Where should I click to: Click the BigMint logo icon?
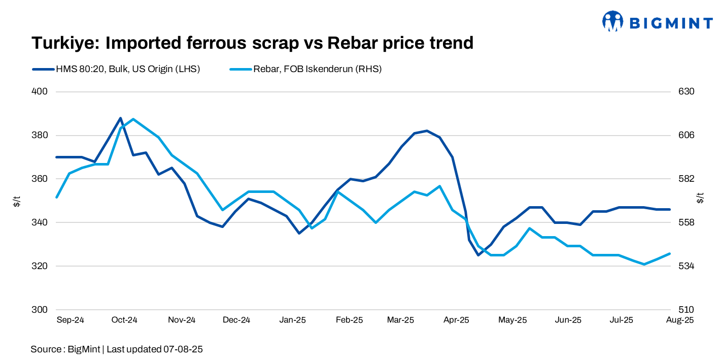[x=612, y=21]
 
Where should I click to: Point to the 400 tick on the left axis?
[x=40, y=92]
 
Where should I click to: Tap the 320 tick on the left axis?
[x=40, y=266]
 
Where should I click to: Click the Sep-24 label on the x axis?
[x=70, y=320]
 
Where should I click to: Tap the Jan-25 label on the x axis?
[x=293, y=320]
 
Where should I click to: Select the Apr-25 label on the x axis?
[x=457, y=320]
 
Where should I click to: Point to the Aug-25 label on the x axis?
[x=679, y=320]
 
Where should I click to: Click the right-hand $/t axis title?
[x=701, y=198]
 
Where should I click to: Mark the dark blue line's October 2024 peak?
[x=120, y=118]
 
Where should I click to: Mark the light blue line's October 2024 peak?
[x=133, y=119]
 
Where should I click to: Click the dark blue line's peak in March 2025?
[x=427, y=130]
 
